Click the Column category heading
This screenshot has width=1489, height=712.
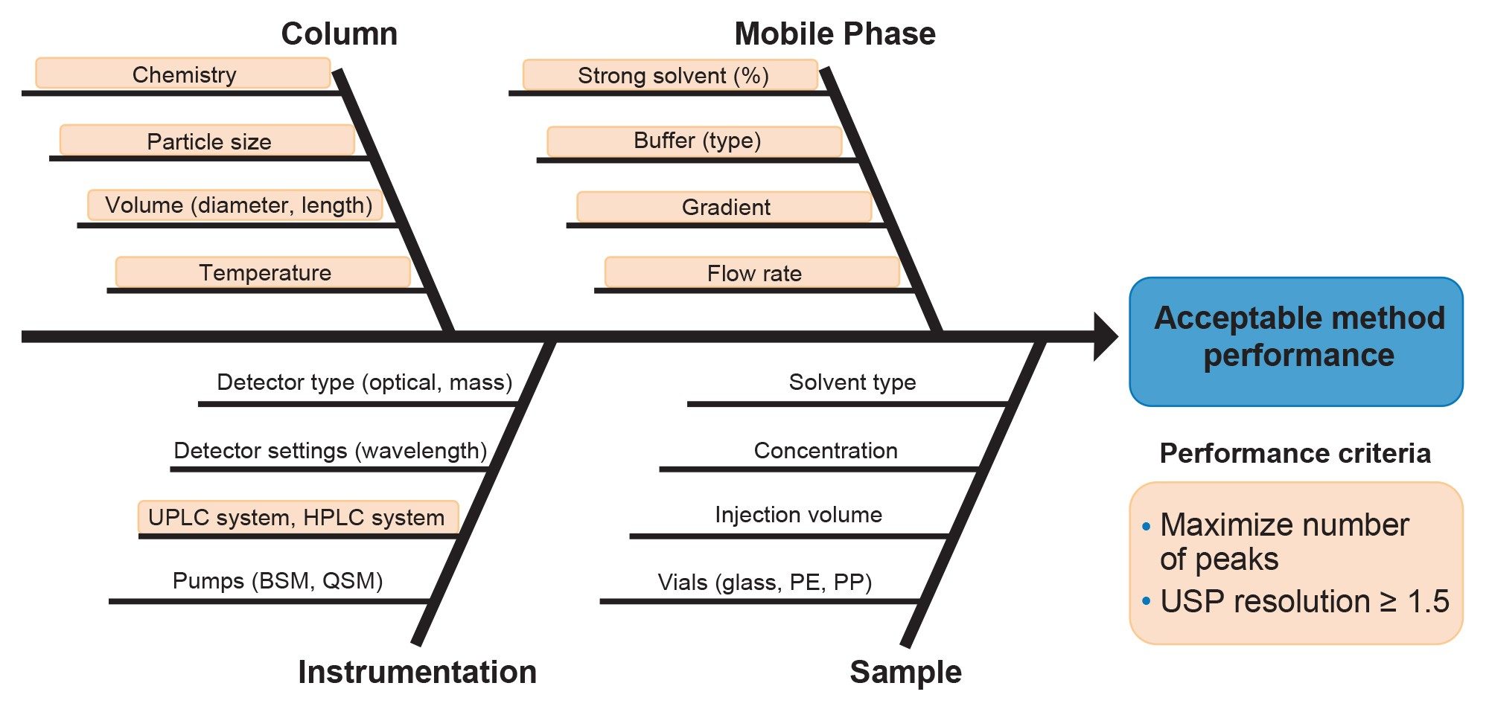[x=339, y=34]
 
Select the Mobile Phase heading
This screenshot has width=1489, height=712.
[x=835, y=34]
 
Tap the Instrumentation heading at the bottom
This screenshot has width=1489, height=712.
[x=417, y=672]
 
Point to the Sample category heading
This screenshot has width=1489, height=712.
[x=905, y=672]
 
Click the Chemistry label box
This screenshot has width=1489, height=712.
[x=183, y=74]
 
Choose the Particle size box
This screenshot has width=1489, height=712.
[x=208, y=141]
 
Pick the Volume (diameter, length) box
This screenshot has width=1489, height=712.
[x=236, y=205]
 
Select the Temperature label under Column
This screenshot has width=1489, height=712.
[x=264, y=272]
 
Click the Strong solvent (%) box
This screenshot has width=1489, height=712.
[x=672, y=75]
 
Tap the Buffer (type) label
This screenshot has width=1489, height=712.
[x=696, y=141]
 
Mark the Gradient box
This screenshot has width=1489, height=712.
[x=725, y=207]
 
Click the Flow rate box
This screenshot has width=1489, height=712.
[x=753, y=273]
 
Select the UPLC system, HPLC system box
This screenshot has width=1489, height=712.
[x=297, y=517]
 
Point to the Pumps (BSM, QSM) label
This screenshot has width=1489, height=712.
[x=277, y=580]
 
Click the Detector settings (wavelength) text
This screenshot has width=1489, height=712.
[x=330, y=450]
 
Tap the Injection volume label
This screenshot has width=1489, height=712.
[x=798, y=514]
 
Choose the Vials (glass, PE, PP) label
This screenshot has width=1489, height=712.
[x=765, y=582]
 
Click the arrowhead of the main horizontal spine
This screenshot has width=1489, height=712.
[x=1105, y=337]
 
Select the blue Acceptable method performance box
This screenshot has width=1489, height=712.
[x=1296, y=341]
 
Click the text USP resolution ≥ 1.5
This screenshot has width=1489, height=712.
[x=1304, y=601]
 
